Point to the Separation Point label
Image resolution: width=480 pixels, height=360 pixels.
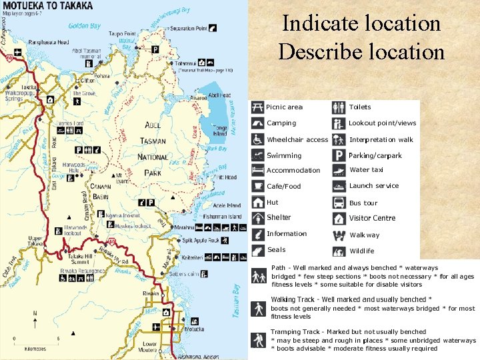click(188, 29)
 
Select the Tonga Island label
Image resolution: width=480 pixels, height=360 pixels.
click(221, 131)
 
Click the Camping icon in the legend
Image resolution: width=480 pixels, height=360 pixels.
click(257, 123)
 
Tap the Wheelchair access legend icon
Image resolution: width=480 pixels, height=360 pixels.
click(257, 139)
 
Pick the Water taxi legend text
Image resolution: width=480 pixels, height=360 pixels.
click(367, 170)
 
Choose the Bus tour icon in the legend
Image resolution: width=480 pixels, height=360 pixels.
click(339, 203)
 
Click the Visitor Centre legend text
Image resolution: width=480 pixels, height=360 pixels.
click(372, 218)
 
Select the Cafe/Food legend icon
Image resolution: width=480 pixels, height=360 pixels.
click(257, 187)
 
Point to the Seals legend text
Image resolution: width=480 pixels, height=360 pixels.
click(276, 250)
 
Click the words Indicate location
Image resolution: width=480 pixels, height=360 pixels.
click(361, 23)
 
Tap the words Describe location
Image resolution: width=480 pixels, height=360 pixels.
click(361, 51)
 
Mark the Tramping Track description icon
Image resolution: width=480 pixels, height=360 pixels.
click(257, 340)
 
